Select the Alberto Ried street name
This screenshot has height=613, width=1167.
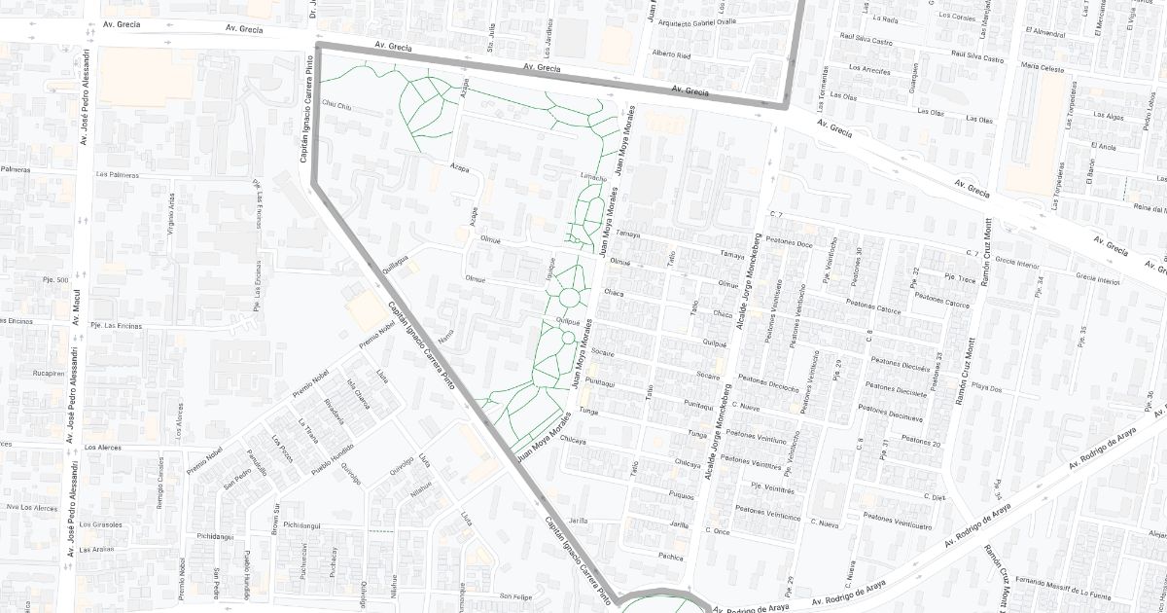pyautogui.click(x=671, y=54)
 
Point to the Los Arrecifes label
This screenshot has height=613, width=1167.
pyautogui.click(x=869, y=69)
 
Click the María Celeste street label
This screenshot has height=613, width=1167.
pyautogui.click(x=1042, y=66)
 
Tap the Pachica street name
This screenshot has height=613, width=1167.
pyautogui.click(x=671, y=558)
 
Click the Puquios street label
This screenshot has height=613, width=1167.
pyautogui.click(x=682, y=494)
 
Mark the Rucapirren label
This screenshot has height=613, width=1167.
pyautogui.click(x=47, y=372)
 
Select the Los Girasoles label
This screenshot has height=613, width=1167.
pyautogui.click(x=104, y=524)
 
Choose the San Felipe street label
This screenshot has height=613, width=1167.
pyautogui.click(x=516, y=595)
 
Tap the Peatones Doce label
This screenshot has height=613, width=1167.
pyautogui.click(x=790, y=243)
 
